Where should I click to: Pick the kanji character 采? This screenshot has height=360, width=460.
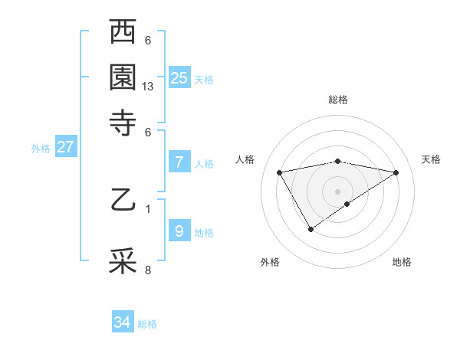[x=123, y=261]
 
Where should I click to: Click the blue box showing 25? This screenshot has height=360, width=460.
[x=179, y=77]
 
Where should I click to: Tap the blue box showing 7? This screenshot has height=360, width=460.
[x=179, y=162]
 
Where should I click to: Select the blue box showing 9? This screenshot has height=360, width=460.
[x=179, y=231]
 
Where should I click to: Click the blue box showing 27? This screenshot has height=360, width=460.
[x=65, y=147]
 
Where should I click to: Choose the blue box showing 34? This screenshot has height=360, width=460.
[x=123, y=322]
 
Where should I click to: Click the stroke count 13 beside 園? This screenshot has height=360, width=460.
[x=149, y=87]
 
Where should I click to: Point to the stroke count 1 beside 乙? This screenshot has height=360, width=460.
[x=148, y=207]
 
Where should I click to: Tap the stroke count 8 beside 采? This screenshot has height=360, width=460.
[x=148, y=270]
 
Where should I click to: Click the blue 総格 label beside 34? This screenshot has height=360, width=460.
[x=147, y=324]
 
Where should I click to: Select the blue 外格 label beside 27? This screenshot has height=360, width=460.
[x=41, y=149]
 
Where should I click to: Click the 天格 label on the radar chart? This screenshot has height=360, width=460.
[x=431, y=159]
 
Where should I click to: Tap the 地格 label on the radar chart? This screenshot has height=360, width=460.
[x=402, y=262]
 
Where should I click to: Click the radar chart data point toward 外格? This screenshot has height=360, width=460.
[x=310, y=228]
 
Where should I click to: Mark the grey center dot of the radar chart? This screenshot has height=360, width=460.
[x=337, y=190]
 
